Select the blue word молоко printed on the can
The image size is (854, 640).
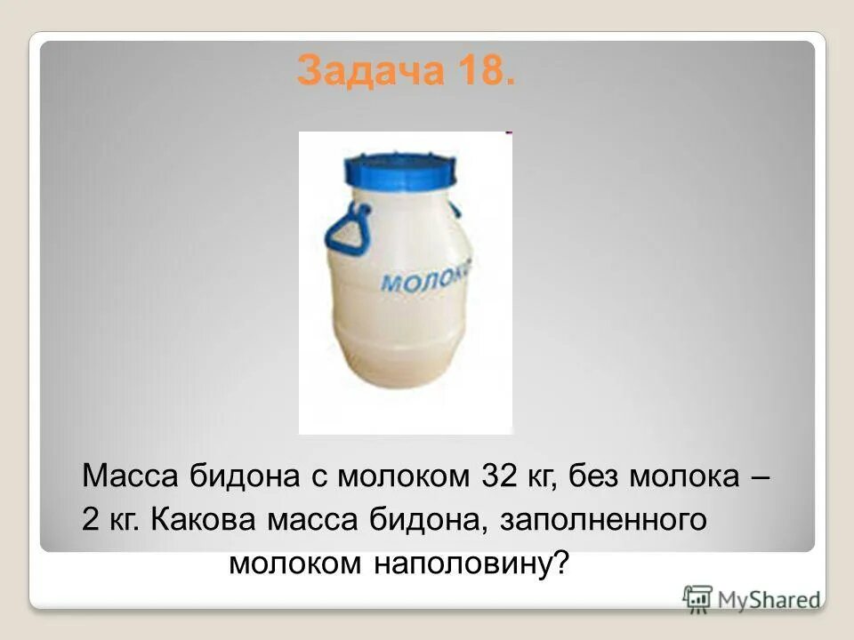426,276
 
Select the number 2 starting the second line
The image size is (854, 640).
90,520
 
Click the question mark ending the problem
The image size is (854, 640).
560,564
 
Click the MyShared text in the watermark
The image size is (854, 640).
769,600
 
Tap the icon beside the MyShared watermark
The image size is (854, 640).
697,598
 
